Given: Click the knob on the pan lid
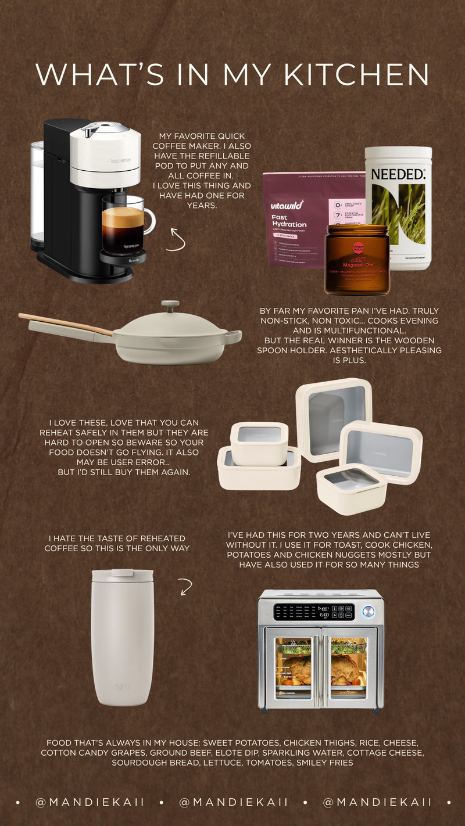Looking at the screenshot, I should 170,306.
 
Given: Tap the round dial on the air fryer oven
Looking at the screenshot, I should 367,611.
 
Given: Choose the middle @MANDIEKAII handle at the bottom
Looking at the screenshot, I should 234,802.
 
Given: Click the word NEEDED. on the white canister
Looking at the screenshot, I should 398,174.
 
